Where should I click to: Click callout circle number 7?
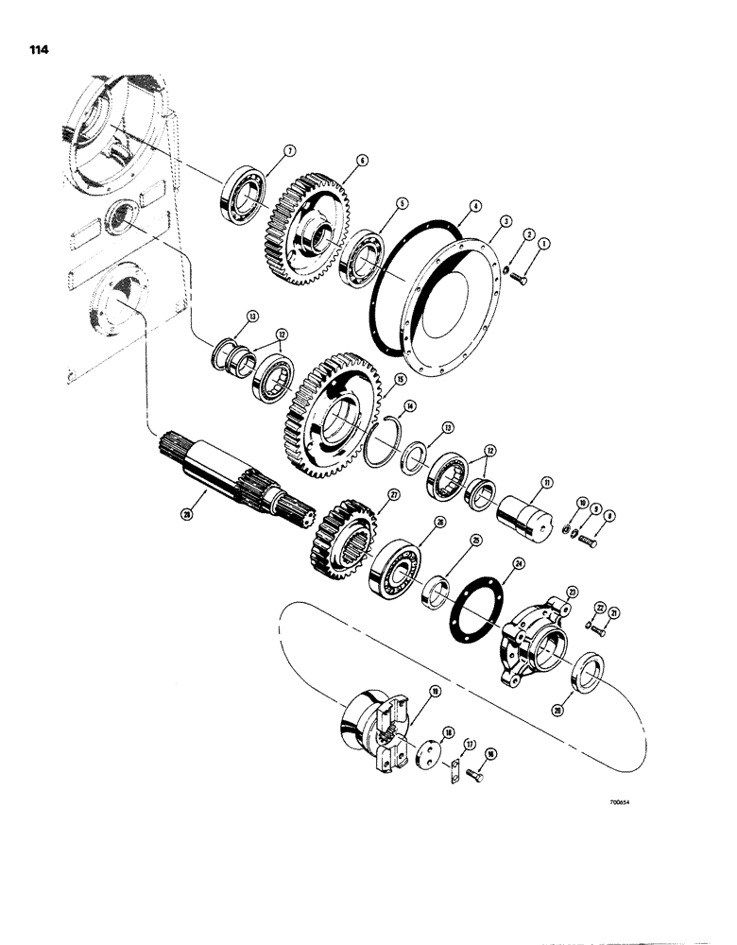[x=291, y=149]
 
